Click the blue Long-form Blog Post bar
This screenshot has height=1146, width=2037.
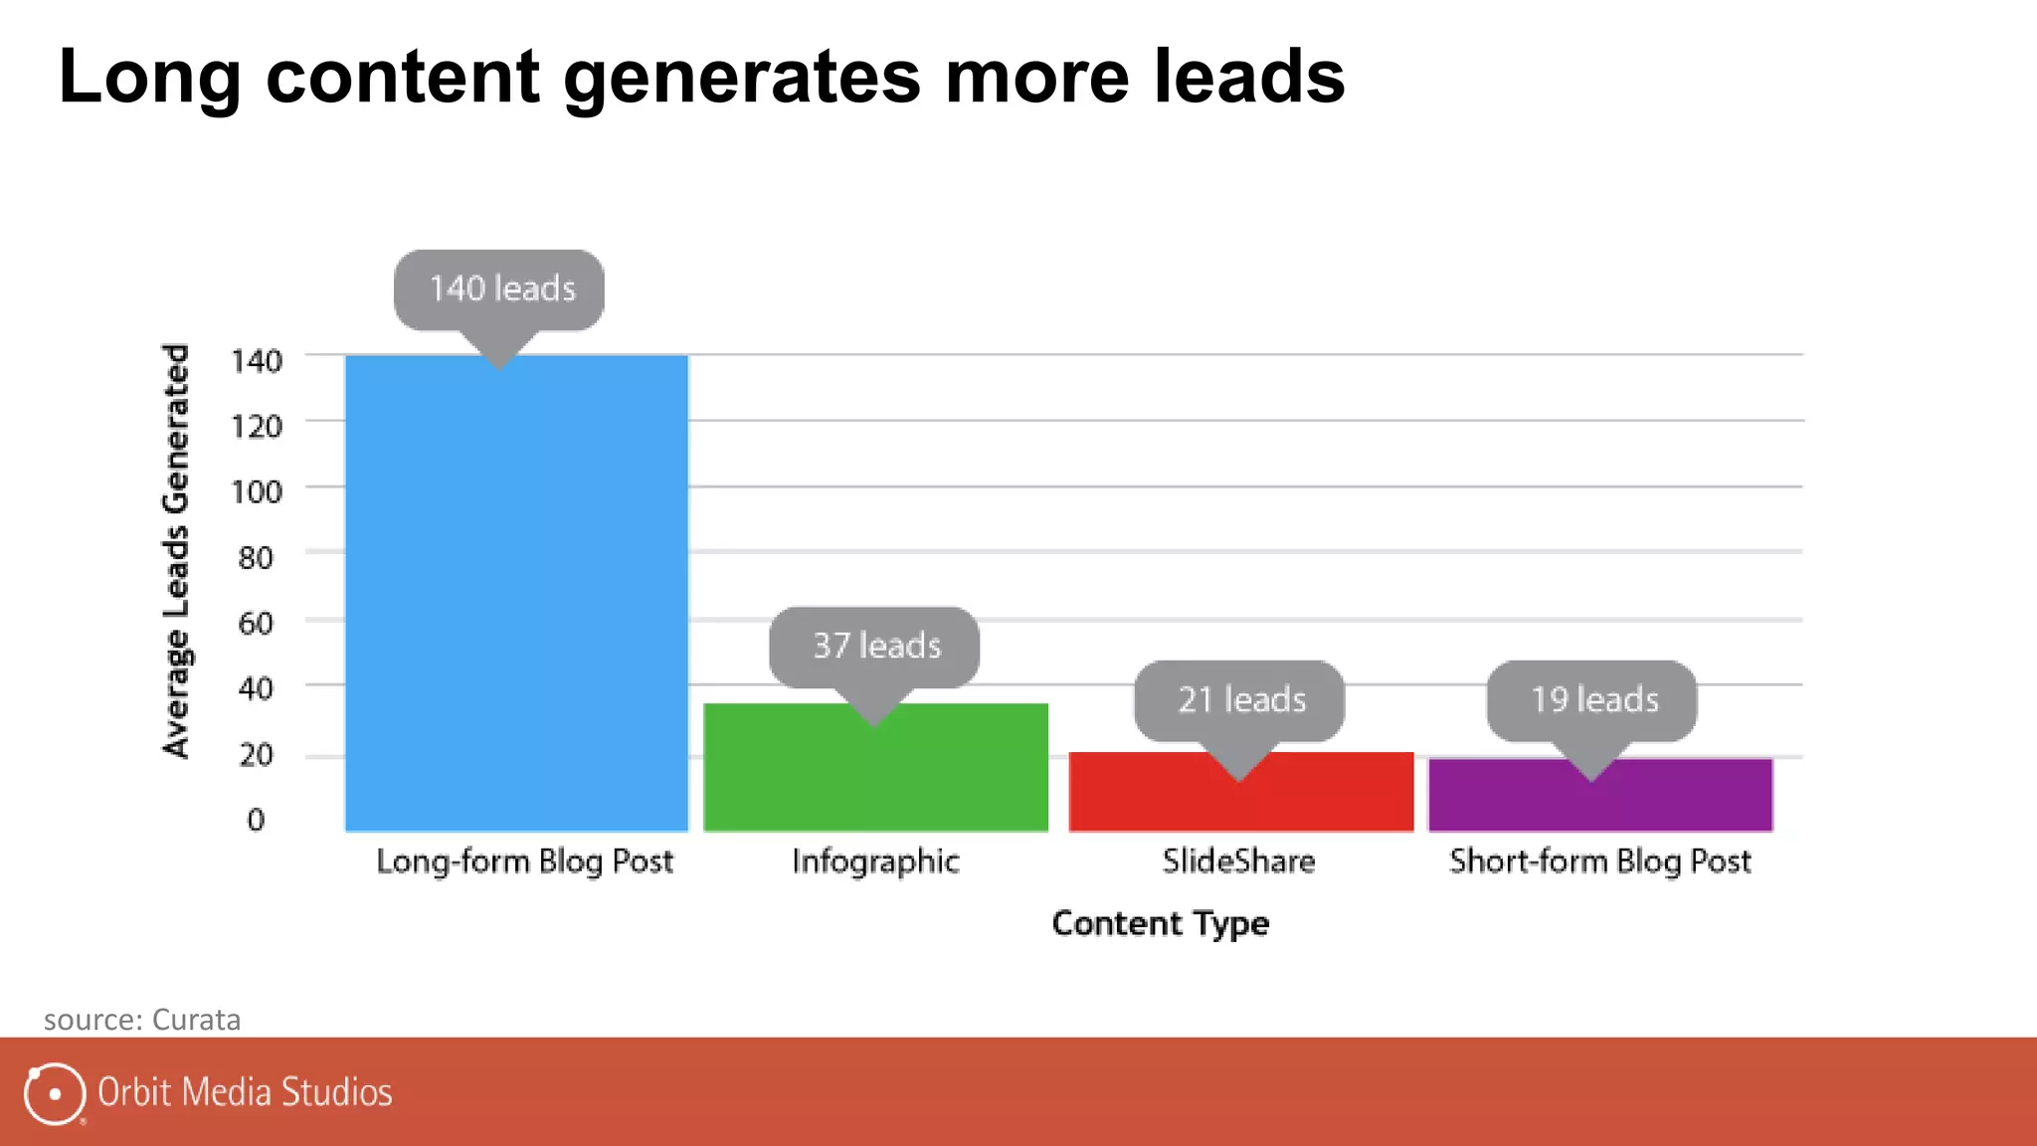tap(516, 597)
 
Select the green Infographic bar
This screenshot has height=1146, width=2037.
tap(875, 776)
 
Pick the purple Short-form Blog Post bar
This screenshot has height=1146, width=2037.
tap(1600, 802)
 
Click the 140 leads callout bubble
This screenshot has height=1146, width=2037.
tap(499, 289)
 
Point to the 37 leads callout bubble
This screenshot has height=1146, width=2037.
tap(874, 647)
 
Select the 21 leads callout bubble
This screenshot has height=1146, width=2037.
tap(1239, 700)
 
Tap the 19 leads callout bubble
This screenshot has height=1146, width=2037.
tap(1591, 700)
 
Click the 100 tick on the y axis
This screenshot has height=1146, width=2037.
tap(257, 491)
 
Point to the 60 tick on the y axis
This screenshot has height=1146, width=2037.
tap(256, 623)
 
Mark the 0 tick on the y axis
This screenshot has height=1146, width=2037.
tap(256, 820)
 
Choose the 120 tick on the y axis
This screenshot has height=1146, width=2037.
tap(257, 426)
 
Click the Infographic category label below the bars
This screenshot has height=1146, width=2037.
tap(875, 861)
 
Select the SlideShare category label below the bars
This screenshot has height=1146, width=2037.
tap(1238, 860)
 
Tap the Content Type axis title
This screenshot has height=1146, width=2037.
tap(1160, 924)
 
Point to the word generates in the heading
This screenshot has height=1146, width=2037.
tap(742, 77)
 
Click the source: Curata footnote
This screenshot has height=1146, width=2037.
tap(142, 1020)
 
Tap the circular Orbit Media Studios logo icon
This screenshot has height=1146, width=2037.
tap(54, 1093)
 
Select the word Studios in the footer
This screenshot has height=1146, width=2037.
tap(337, 1092)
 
